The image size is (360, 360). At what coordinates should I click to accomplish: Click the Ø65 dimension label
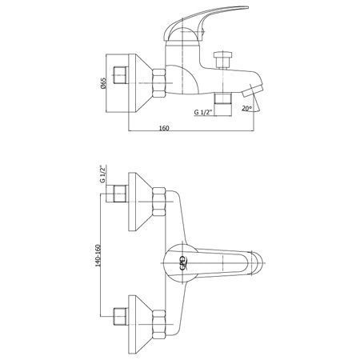click(103, 83)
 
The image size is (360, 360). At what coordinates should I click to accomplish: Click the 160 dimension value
click(164, 128)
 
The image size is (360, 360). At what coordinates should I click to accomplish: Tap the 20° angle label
click(247, 108)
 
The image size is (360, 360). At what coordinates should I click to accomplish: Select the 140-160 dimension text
click(98, 255)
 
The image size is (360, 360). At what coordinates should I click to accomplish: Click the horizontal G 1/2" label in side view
click(203, 112)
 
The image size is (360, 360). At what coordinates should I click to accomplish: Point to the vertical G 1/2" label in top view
click(102, 174)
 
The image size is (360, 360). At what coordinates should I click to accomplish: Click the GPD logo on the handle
click(183, 263)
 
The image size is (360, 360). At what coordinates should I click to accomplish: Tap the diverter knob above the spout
click(223, 60)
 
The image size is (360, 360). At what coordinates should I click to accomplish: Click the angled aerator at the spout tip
click(252, 90)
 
